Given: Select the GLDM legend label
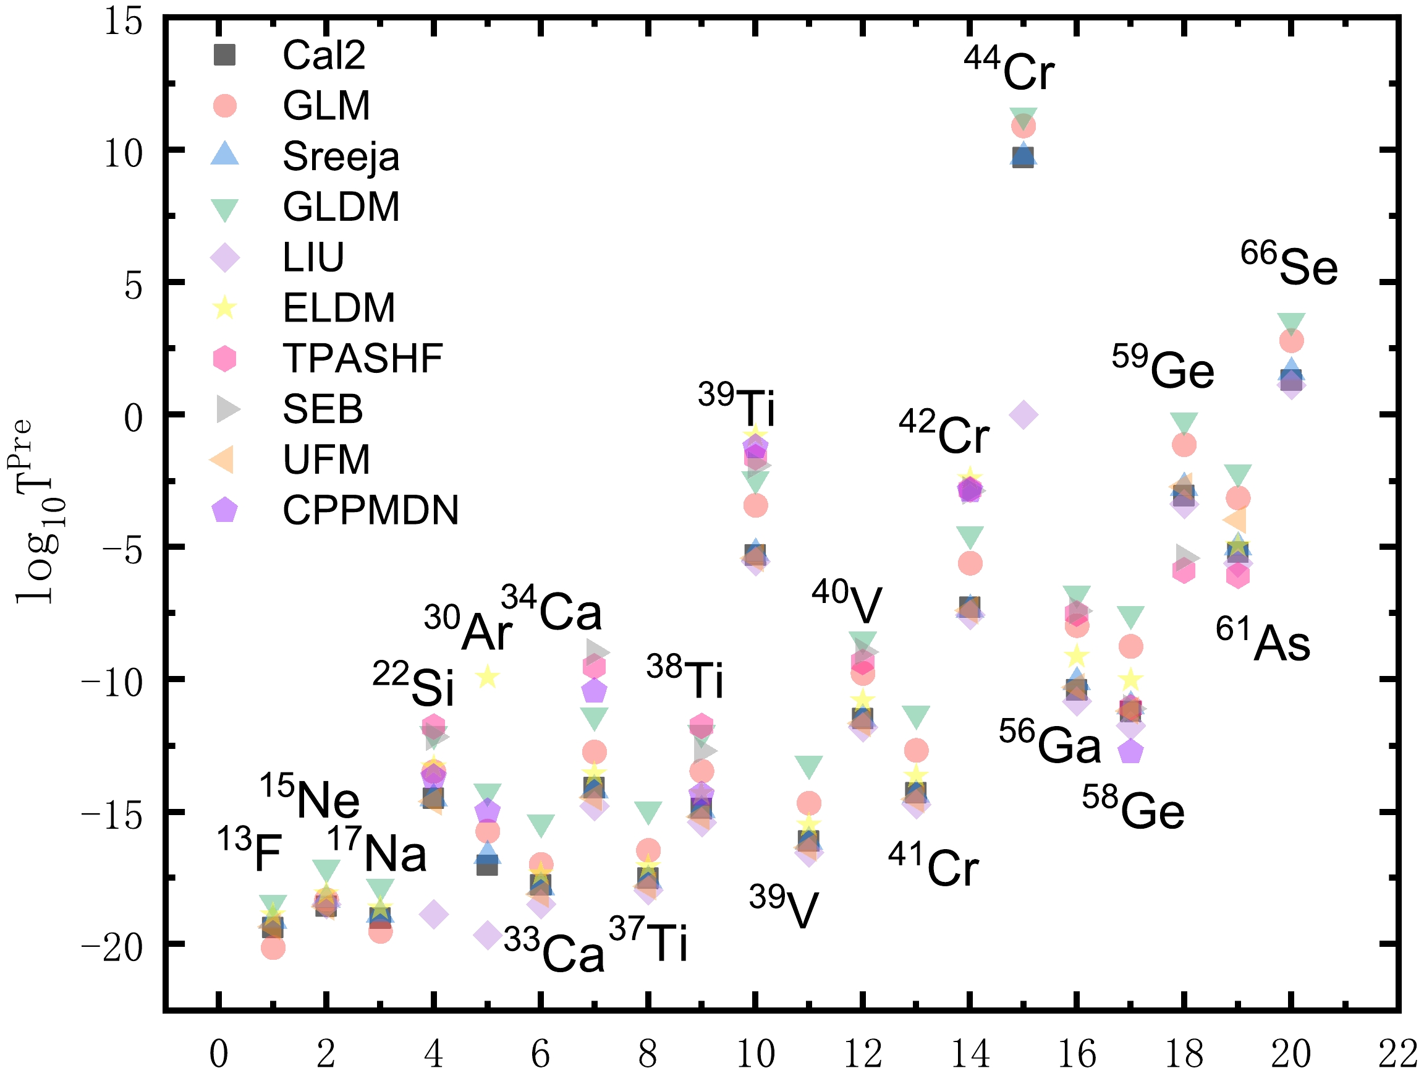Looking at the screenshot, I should pyautogui.click(x=341, y=207).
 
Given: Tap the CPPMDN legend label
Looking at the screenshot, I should pyautogui.click(x=370, y=511).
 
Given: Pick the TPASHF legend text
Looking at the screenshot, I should pyautogui.click(x=362, y=359).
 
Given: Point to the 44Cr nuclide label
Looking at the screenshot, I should pyautogui.click(x=1009, y=69).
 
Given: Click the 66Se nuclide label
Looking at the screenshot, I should pyautogui.click(x=1289, y=265).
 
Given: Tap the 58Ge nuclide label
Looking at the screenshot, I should pyautogui.click(x=1133, y=809).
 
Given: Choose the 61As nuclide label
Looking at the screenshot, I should pyautogui.click(x=1263, y=640).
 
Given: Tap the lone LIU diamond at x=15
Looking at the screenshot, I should pyautogui.click(x=1023, y=415).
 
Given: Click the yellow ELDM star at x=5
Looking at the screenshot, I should pyautogui.click(x=487, y=676).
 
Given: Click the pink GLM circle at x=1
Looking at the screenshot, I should pyautogui.click(x=273, y=948).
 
